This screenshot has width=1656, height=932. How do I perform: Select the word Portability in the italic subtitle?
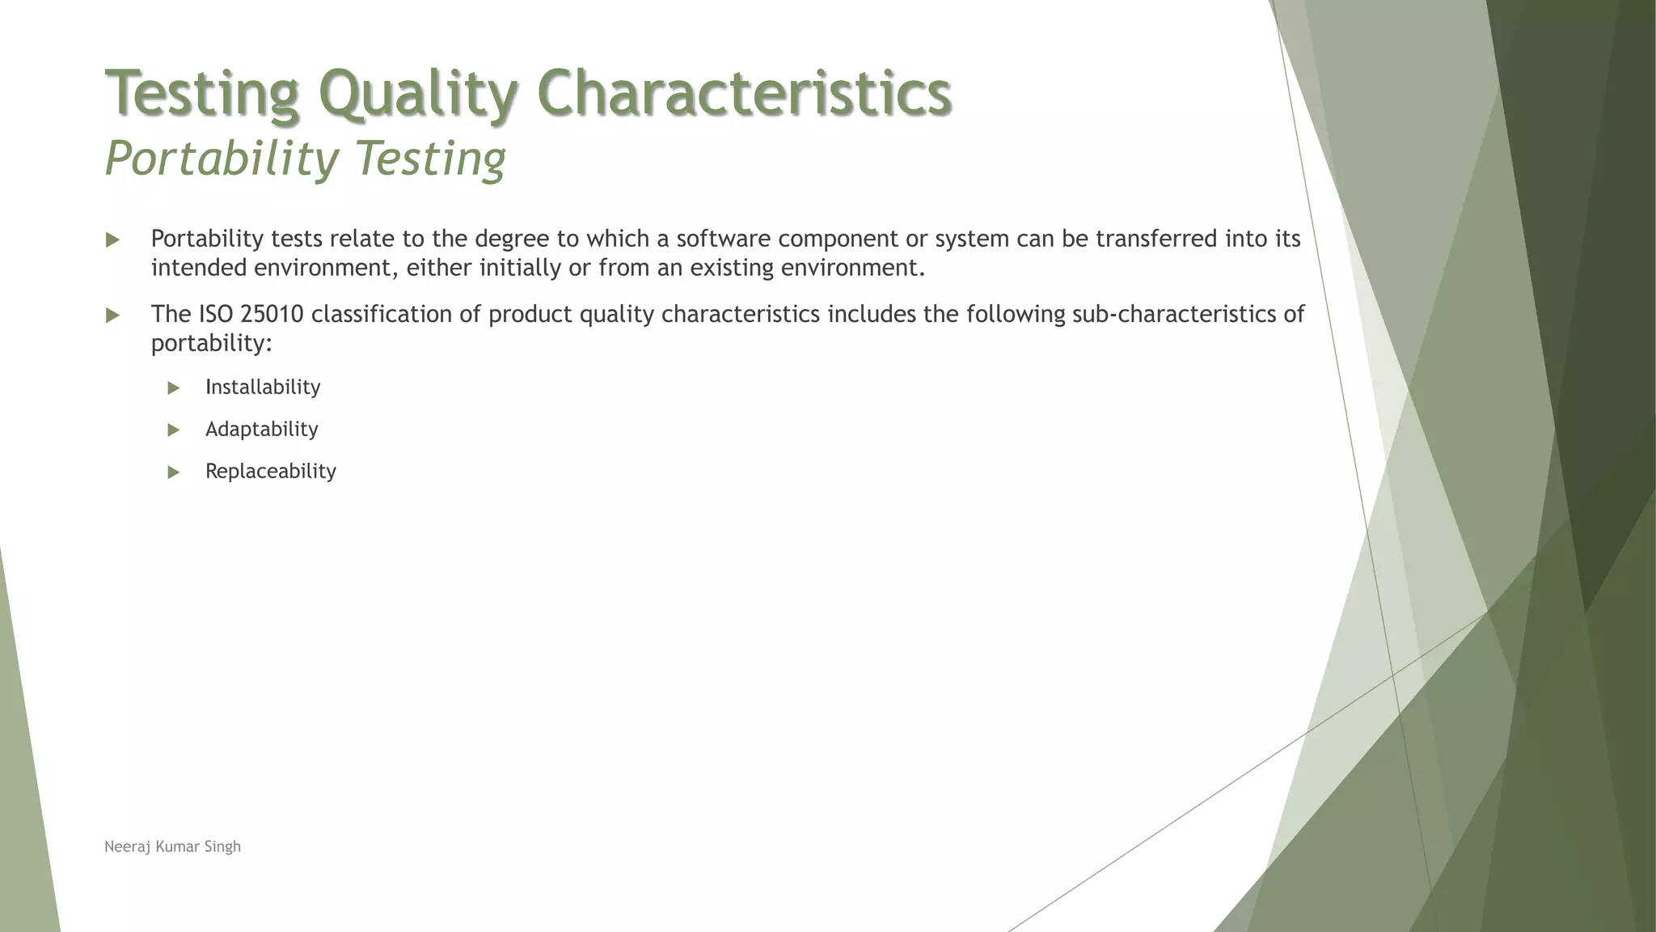pyautogui.click(x=222, y=158)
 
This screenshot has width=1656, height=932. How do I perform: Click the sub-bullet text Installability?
pyautogui.click(x=263, y=388)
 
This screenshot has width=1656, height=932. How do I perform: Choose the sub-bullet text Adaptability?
pyautogui.click(x=261, y=430)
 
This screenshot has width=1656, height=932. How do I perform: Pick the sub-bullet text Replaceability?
pyautogui.click(x=270, y=472)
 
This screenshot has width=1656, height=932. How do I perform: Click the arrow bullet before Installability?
pyautogui.click(x=173, y=388)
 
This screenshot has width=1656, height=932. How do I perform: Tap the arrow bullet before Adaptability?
pyautogui.click(x=173, y=430)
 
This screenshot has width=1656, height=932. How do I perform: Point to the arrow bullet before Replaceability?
pyautogui.click(x=173, y=472)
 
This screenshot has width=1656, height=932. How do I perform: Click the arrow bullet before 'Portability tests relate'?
pyautogui.click(x=112, y=240)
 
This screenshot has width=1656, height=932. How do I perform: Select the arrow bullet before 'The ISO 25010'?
pyautogui.click(x=112, y=316)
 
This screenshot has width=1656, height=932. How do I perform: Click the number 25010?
pyautogui.click(x=272, y=314)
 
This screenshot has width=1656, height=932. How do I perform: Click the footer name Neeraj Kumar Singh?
pyautogui.click(x=172, y=847)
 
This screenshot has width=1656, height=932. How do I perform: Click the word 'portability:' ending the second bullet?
pyautogui.click(x=212, y=343)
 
